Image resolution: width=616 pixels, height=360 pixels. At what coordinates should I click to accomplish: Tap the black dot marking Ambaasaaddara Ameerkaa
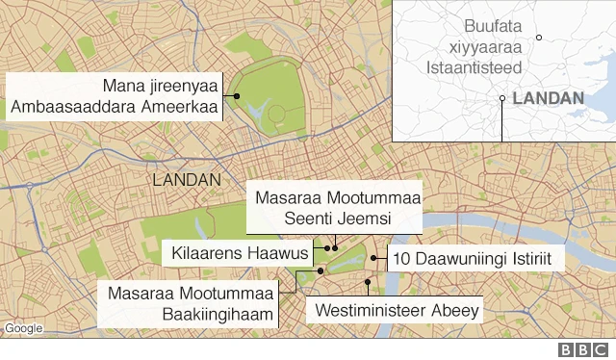235,96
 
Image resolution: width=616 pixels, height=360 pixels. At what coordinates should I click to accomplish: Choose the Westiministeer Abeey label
396,311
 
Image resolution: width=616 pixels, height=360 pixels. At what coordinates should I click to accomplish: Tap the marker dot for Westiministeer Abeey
368,282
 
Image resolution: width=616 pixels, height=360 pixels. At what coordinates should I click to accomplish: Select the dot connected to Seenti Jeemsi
335,247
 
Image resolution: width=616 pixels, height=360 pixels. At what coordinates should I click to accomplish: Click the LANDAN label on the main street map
187,180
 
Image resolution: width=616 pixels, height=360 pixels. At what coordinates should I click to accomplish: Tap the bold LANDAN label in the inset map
548,98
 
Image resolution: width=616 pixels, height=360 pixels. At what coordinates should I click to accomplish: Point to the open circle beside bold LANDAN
502,98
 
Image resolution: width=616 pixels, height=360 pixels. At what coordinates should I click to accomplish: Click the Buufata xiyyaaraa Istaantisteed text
477,47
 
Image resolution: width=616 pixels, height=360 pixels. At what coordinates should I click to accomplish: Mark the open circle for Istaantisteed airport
540,38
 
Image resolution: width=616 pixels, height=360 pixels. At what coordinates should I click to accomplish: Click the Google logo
23,329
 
